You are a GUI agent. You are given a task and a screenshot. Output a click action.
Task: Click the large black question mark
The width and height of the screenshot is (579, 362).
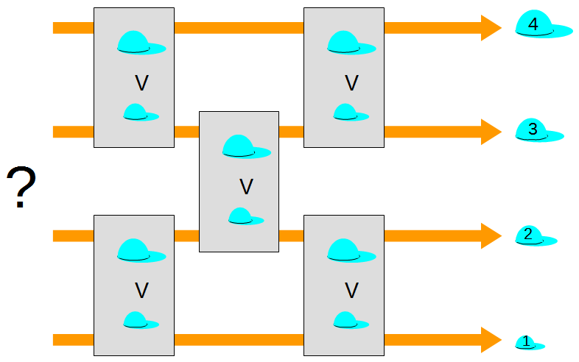(21, 188)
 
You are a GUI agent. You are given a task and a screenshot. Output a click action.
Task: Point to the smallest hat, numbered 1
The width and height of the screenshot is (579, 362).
(528, 342)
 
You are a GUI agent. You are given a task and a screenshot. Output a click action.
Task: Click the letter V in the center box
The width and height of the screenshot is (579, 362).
(247, 187)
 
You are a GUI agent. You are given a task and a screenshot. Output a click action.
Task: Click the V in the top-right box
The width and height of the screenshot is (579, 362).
(352, 83)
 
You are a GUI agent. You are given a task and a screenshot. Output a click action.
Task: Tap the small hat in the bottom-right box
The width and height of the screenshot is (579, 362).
(348, 320)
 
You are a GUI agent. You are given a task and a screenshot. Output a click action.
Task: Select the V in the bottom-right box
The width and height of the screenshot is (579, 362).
(352, 291)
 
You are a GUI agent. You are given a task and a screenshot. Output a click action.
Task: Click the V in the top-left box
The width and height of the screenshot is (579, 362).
(142, 83)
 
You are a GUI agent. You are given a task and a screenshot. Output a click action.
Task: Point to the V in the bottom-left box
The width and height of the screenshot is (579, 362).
(142, 291)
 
